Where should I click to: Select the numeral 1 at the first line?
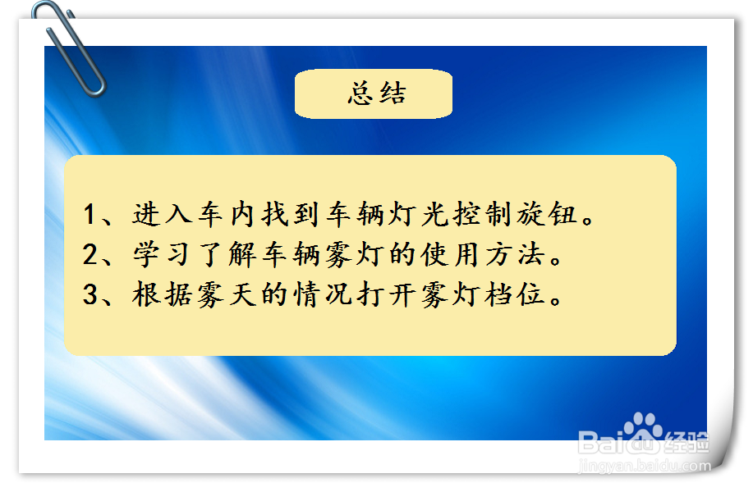tap(90, 215)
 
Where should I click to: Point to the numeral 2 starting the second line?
tap(91, 255)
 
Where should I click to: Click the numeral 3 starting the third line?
tap(91, 295)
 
